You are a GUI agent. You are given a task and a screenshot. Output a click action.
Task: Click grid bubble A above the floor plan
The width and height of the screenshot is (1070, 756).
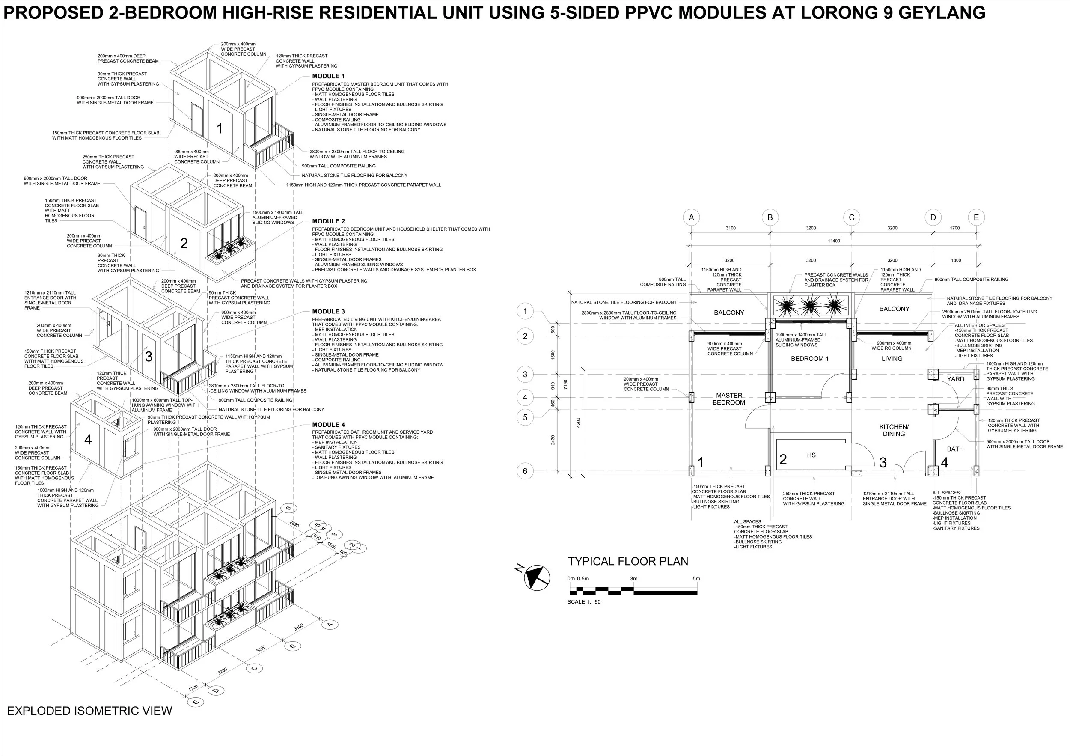[x=691, y=217]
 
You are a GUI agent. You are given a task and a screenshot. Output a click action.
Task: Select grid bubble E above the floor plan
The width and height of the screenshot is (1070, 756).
[x=976, y=217]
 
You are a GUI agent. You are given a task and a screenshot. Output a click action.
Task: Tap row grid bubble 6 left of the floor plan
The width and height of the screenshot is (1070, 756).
[x=525, y=471]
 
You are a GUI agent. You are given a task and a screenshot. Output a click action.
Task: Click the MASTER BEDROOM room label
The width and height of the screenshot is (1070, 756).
[x=729, y=399]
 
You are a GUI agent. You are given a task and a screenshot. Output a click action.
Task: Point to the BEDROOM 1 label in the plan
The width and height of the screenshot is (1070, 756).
[x=809, y=358]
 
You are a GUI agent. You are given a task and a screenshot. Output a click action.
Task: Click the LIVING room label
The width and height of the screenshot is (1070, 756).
[x=892, y=358]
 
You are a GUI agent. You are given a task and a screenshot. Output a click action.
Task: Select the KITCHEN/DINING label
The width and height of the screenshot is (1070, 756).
[x=894, y=430]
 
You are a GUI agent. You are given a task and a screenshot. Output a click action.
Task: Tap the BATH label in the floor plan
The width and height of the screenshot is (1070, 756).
[x=955, y=449]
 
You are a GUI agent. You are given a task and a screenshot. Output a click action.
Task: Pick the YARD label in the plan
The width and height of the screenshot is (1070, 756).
[x=955, y=379]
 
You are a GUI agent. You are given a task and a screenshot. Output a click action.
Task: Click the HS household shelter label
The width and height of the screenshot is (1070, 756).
[x=811, y=455]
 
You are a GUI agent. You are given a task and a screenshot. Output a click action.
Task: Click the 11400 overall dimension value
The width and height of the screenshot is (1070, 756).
[x=834, y=241]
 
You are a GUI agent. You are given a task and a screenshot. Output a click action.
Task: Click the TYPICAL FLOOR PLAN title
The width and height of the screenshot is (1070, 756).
[x=628, y=561]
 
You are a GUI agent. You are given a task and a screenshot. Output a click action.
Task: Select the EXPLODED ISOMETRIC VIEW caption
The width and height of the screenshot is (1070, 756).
[x=89, y=711]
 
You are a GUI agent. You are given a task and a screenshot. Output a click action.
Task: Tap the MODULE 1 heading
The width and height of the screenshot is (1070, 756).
[x=329, y=76]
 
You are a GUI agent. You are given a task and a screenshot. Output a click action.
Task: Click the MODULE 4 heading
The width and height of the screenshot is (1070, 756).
[x=329, y=425]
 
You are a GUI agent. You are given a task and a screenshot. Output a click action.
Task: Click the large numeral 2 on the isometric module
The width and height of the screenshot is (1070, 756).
[x=184, y=243]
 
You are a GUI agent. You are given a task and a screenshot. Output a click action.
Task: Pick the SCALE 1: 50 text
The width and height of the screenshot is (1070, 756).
[x=584, y=602]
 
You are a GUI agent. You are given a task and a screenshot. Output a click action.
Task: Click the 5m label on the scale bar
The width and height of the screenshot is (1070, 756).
[x=696, y=579]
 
